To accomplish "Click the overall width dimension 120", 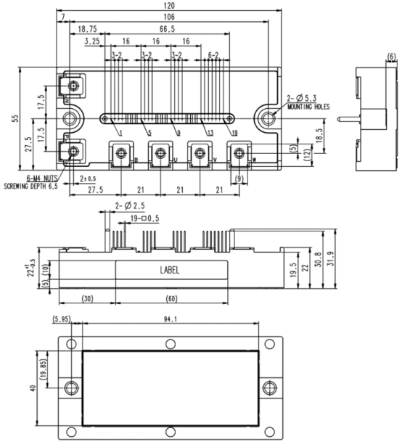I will click(170, 6).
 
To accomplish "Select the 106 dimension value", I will click(170, 17).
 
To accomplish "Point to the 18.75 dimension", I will click(87, 30).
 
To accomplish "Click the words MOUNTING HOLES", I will click(308, 106).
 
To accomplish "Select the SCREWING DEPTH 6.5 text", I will click(30, 186).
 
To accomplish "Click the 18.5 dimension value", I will click(317, 134).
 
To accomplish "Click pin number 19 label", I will click(234, 132).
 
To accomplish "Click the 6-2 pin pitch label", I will click(215, 55).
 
